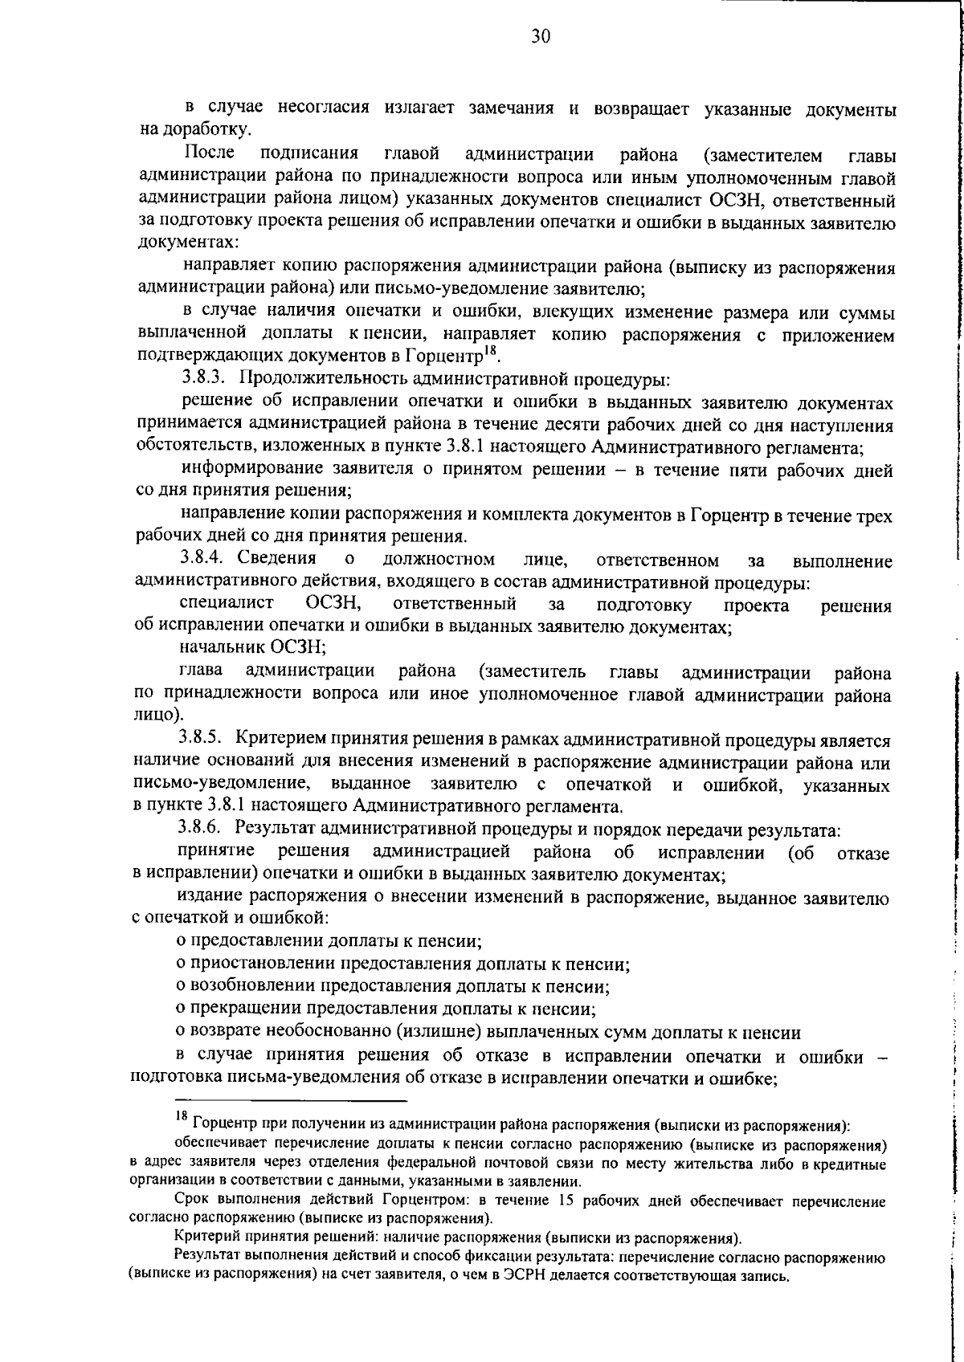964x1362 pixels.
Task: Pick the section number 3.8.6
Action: (x=204, y=829)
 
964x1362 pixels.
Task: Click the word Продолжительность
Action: (x=321, y=378)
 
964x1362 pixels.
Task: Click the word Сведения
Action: (x=276, y=559)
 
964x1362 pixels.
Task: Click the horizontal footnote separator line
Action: (x=291, y=1101)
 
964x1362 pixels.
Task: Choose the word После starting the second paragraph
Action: (x=210, y=153)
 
